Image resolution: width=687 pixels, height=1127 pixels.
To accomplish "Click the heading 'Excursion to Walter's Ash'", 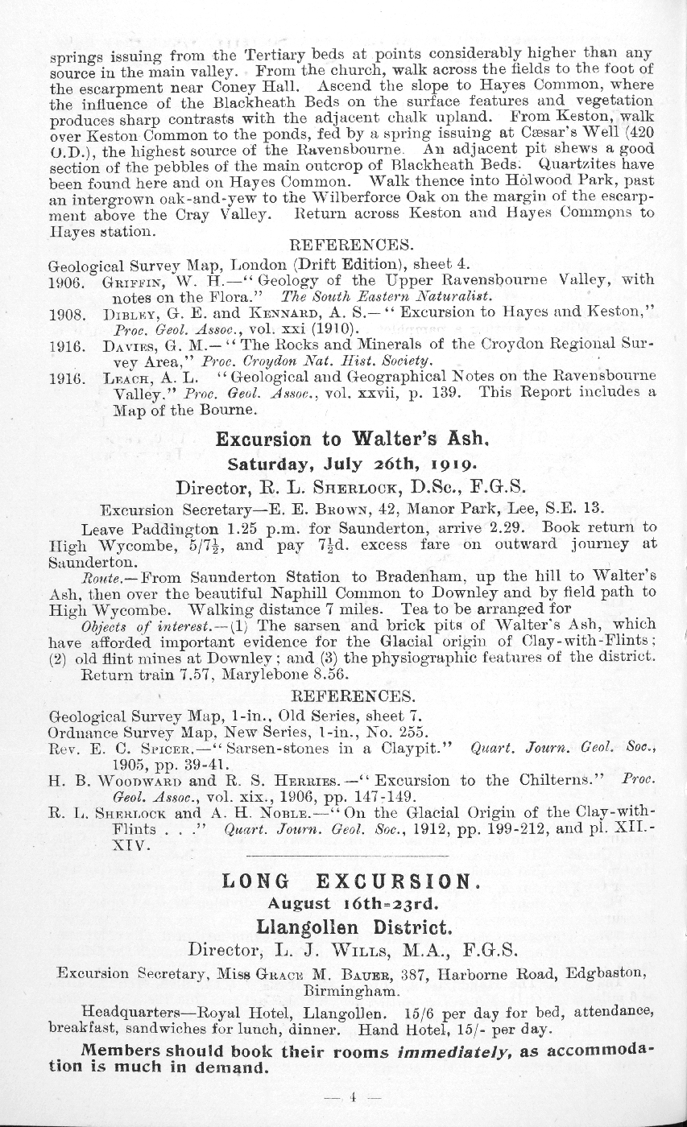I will coord(353,440).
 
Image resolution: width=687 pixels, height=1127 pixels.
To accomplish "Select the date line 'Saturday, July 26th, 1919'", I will coord(353,464).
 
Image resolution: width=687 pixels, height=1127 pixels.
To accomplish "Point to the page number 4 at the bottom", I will coord(352,1096).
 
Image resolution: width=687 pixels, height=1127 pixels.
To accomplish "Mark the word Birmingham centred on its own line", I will coord(351,992).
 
